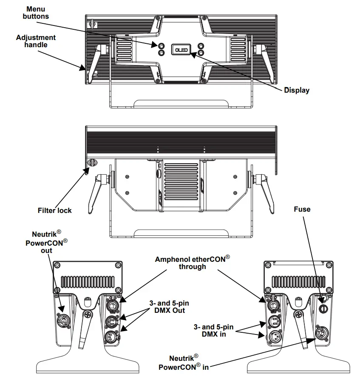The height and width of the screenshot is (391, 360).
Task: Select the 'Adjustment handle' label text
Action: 36,41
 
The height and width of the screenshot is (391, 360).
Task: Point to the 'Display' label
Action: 297,90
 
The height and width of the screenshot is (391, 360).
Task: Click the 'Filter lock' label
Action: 55,210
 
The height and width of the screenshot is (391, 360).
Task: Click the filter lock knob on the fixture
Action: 92,162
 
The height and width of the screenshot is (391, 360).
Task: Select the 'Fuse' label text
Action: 302,209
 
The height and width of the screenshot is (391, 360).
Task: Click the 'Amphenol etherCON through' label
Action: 192,263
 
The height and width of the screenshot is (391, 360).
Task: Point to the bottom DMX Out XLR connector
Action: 111,337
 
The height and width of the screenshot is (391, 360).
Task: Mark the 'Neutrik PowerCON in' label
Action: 184,363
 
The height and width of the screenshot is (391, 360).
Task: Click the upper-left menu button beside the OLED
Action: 162,45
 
